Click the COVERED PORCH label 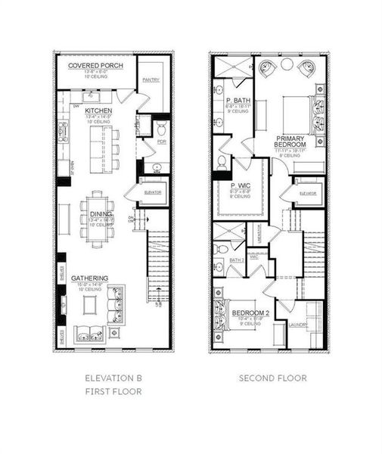[95, 66]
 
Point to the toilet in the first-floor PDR [161, 127]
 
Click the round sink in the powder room [157, 168]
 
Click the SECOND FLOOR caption [272, 378]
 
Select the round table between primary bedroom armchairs [287, 65]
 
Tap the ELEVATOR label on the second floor [307, 194]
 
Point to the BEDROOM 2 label [250, 313]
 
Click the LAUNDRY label [297, 327]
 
